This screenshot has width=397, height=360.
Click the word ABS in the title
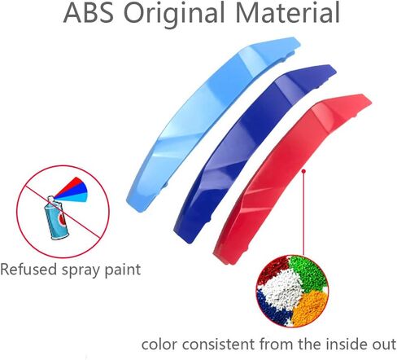point(89,13)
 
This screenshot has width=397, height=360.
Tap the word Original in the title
point(174,14)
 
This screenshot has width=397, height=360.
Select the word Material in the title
point(287,13)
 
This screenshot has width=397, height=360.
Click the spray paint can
point(56,218)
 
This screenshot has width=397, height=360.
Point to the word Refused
point(28,270)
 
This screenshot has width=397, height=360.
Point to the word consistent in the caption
point(219,344)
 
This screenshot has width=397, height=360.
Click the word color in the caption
point(159,345)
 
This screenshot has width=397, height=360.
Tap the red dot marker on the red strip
point(304,171)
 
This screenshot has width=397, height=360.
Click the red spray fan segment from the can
point(71,184)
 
